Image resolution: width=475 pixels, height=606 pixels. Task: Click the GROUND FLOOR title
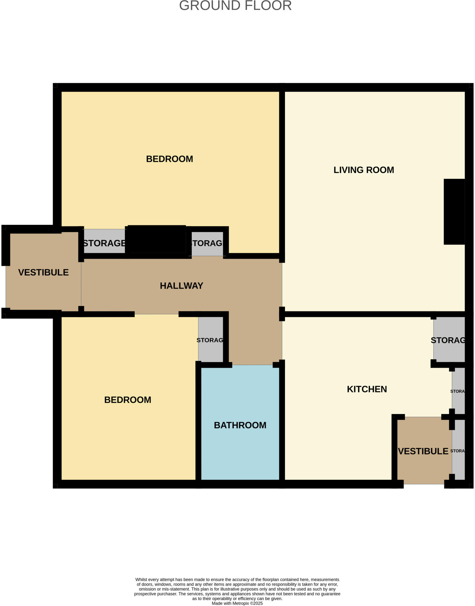235,6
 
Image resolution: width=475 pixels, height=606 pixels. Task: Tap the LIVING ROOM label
364,170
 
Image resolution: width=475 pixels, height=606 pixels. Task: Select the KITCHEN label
367,389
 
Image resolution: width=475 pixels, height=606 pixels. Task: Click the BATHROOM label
240,425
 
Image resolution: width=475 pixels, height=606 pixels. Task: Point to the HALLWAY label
181,286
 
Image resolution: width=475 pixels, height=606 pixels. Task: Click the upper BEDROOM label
170,159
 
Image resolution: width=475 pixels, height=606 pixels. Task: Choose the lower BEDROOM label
128,400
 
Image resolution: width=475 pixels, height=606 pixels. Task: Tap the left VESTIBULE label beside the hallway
44,272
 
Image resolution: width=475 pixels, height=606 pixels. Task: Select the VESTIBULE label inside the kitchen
423,451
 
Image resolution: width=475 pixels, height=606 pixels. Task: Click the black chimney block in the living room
454,212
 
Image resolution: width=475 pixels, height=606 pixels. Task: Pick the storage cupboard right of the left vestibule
104,243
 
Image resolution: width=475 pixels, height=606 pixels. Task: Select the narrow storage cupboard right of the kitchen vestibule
458,451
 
